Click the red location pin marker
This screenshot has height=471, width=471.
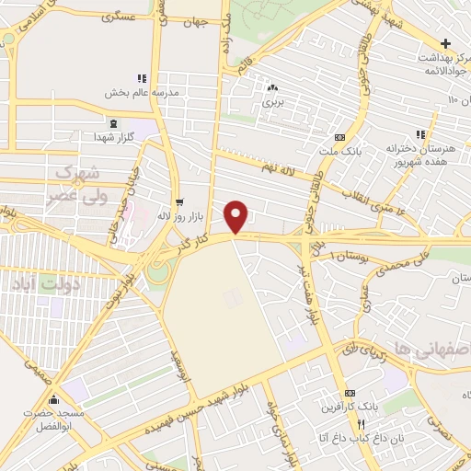(x=236, y=215)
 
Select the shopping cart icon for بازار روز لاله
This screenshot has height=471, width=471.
(x=178, y=201)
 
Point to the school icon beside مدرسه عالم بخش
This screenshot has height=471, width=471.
(x=141, y=79)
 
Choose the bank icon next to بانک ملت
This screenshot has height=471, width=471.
(x=339, y=137)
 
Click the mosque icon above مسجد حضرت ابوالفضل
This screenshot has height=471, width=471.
(x=54, y=398)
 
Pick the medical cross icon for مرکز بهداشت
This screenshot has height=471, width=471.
(x=446, y=43)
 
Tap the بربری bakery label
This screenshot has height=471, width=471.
(x=271, y=102)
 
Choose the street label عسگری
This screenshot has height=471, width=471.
(x=119, y=17)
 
